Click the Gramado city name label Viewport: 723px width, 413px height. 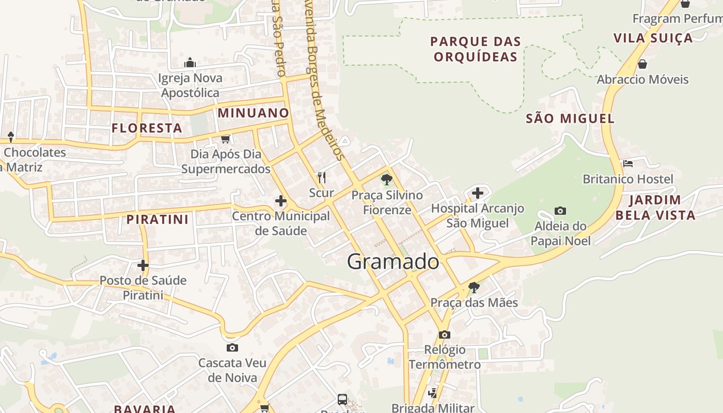point(393,262)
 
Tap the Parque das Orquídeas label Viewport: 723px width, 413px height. point(476,49)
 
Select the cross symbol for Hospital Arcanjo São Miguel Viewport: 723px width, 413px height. point(478,193)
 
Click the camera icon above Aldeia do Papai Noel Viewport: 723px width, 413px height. point(560,211)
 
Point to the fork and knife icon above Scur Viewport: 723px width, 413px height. point(322,178)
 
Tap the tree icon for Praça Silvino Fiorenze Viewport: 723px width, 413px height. point(386,180)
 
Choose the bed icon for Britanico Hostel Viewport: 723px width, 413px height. point(628,164)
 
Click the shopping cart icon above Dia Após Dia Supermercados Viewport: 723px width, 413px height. point(225,139)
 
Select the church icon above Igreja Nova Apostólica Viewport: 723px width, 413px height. point(190,63)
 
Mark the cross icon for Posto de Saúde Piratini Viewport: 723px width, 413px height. point(143,265)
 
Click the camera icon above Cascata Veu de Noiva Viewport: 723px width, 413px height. point(232,347)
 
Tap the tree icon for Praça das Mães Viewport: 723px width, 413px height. point(474,288)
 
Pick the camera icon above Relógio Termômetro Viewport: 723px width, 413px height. point(445,335)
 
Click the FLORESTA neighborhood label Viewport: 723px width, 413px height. point(147,128)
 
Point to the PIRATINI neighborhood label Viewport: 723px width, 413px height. point(158,219)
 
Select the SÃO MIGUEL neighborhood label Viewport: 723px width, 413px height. point(570,119)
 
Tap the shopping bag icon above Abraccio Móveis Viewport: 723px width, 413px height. point(642,64)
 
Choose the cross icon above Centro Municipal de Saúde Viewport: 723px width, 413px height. point(281,200)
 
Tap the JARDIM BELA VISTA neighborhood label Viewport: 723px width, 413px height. point(655,208)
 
